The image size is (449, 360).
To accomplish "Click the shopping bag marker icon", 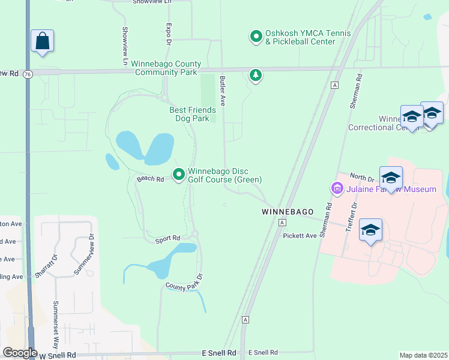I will click(x=42, y=41).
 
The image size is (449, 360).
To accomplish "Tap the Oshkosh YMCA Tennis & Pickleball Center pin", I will click(x=256, y=37).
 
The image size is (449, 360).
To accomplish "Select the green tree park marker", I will click(x=256, y=75).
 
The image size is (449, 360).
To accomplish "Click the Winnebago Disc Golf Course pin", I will click(x=179, y=175).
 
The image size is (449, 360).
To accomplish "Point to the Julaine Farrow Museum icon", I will click(x=337, y=189).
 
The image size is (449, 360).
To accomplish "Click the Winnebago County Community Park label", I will click(x=167, y=68).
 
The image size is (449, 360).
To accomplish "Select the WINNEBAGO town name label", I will click(x=285, y=212).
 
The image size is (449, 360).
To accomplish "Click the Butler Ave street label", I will click(x=222, y=91).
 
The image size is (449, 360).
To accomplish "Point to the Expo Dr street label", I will click(x=169, y=34).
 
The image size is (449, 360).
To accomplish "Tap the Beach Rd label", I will click(x=150, y=179).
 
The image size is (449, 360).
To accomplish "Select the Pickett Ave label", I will click(x=300, y=236).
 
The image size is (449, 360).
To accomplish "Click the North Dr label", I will click(x=362, y=178).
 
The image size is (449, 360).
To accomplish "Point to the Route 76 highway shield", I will click(x=28, y=73).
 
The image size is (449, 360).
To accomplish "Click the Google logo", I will click(x=20, y=353).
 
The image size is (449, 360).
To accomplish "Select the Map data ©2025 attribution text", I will click(x=424, y=355).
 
